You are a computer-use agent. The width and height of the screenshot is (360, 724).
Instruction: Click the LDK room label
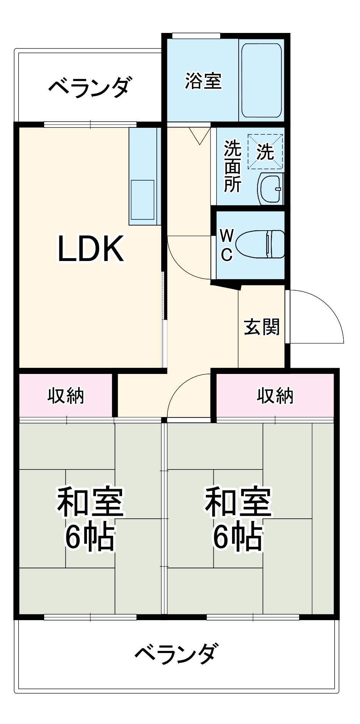pyautogui.click(x=91, y=249)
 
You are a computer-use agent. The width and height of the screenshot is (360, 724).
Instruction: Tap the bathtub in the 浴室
pyautogui.click(x=261, y=80)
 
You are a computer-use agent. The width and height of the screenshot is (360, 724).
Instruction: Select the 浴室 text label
pyautogui.click(x=203, y=81)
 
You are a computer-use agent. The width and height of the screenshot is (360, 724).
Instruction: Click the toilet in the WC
pyautogui.click(x=260, y=244)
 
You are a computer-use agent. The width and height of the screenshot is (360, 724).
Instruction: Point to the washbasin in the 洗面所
pyautogui.click(x=270, y=189)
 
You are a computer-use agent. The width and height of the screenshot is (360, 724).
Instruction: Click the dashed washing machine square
pyautogui.click(x=265, y=152)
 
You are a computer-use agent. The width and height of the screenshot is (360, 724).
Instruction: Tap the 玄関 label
pyautogui.click(x=261, y=327)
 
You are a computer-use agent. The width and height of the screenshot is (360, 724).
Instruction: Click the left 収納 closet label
pyautogui.click(x=66, y=396)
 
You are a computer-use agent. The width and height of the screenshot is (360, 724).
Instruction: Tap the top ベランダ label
pyautogui.click(x=89, y=87)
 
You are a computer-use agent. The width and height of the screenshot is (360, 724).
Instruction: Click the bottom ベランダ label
pyautogui.click(x=176, y=653)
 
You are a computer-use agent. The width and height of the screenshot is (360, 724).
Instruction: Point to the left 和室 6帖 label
pyautogui.click(x=90, y=519)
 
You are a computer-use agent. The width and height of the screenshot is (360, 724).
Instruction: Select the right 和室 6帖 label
pyautogui.click(x=238, y=519)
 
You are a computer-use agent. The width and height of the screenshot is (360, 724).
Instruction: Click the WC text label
pyautogui.click(x=227, y=245)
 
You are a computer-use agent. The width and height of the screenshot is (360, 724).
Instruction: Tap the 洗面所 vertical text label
pyautogui.click(x=232, y=166)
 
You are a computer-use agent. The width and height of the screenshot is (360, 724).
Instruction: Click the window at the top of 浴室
pyautogui.click(x=196, y=36)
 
